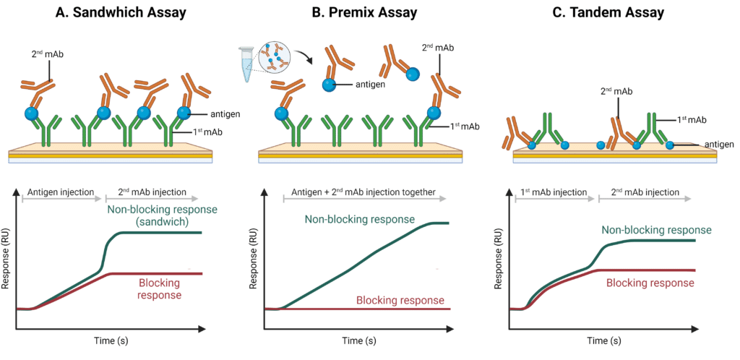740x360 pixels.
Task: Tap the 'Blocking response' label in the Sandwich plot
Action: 152,289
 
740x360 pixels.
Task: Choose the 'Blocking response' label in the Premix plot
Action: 400,300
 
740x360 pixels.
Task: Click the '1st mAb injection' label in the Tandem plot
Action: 553,193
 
